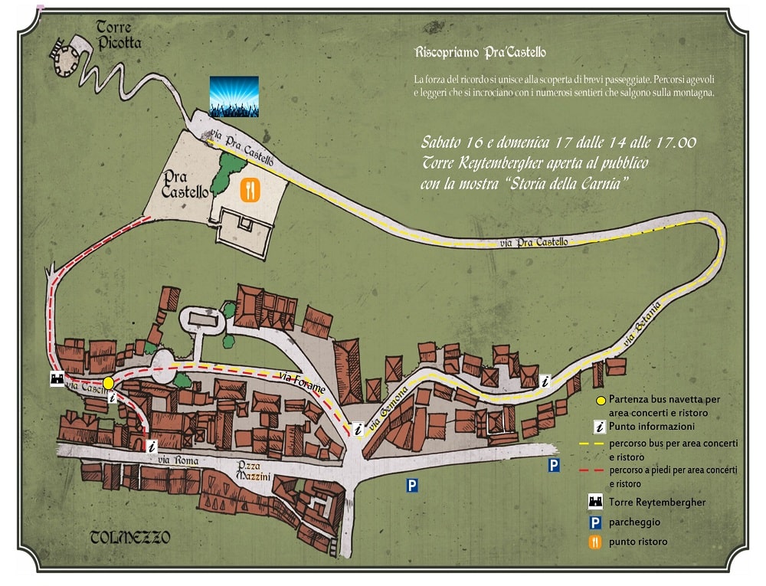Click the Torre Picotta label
point(114,35)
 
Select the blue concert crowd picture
point(234,96)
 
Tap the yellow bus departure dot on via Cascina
point(109,382)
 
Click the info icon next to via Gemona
point(356,429)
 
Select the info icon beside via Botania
point(545,380)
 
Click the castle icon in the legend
point(593,503)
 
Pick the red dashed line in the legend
point(593,469)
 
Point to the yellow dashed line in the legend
point(593,444)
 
